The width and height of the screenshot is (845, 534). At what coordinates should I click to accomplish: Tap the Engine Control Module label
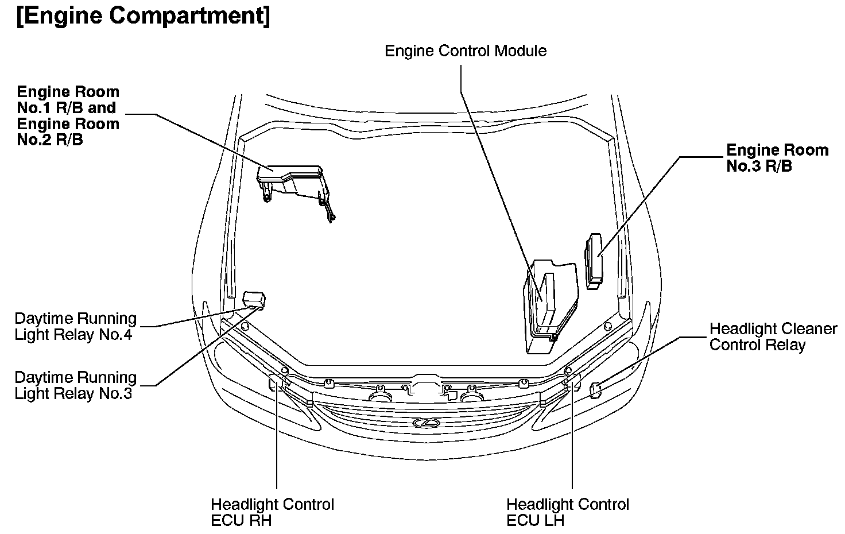pos(465,51)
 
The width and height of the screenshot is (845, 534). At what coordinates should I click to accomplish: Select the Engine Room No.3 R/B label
pos(777,158)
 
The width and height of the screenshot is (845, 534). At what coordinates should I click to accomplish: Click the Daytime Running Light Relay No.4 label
pos(75,327)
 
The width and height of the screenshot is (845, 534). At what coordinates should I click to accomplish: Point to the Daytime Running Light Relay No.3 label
pos(75,385)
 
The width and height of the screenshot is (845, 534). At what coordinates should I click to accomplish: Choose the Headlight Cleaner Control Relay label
pos(773,336)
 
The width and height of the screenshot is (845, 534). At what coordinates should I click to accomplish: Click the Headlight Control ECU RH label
pos(272,512)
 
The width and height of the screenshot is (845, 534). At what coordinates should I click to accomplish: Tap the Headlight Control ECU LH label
pos(567,512)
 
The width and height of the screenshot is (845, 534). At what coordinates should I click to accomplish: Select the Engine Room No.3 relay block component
pos(594,260)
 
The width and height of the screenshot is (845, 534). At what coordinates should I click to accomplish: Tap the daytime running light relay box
pos(253,299)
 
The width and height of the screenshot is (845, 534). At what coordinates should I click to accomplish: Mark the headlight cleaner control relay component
pos(596,390)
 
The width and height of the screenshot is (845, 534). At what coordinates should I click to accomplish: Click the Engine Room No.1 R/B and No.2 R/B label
pos(68,115)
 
